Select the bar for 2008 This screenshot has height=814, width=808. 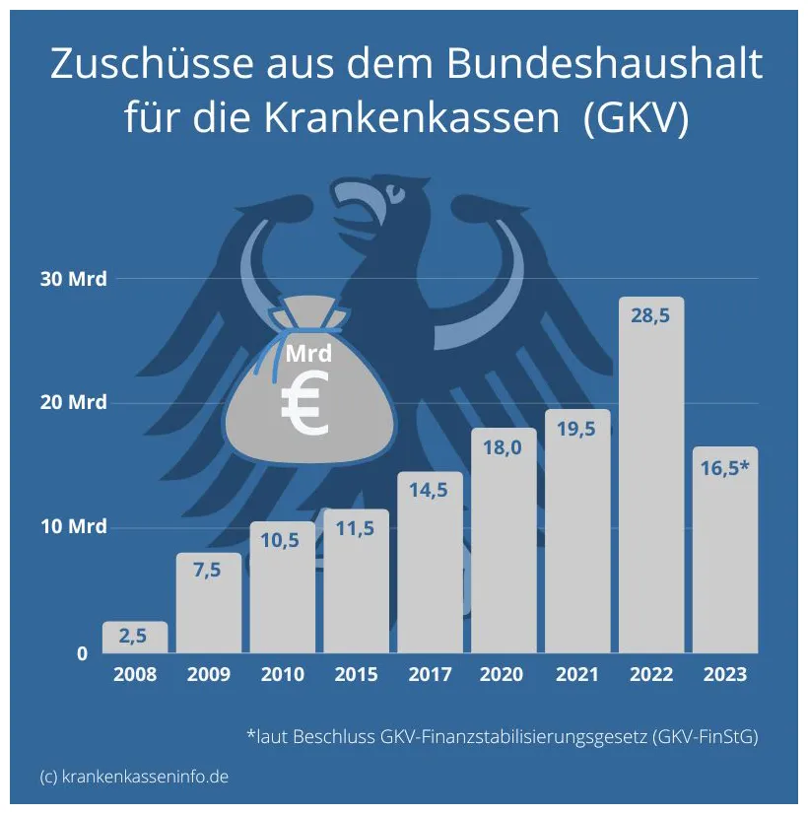click(x=135, y=638)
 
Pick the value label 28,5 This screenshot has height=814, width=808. click(x=651, y=319)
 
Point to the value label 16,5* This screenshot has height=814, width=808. click(x=725, y=467)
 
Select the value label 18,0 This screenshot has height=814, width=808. click(x=504, y=448)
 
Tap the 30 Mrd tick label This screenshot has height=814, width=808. click(x=73, y=279)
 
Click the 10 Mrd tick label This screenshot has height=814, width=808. click(x=73, y=526)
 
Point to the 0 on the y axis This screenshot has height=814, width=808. click(x=83, y=653)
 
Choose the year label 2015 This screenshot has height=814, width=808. click(x=356, y=675)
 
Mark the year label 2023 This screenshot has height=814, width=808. click(x=725, y=675)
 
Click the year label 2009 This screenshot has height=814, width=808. click(x=208, y=675)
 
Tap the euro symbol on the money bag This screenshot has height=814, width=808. click(x=305, y=408)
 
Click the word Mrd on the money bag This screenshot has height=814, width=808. click(x=308, y=353)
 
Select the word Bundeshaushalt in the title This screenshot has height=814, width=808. click(x=604, y=65)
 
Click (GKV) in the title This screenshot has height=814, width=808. click(x=635, y=118)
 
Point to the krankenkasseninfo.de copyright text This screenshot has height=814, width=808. click(x=134, y=776)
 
